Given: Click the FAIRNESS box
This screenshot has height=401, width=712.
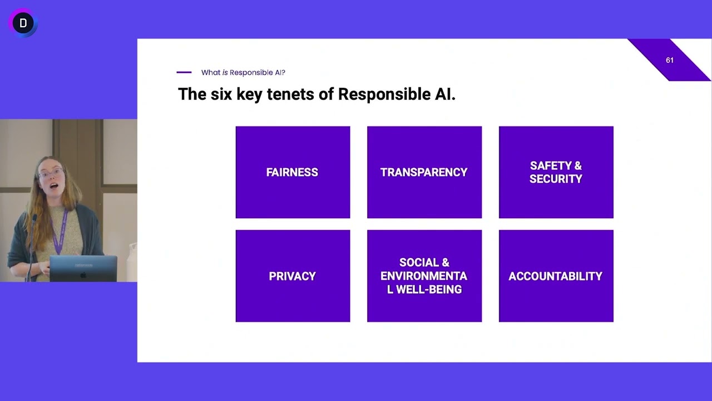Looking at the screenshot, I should (x=293, y=172).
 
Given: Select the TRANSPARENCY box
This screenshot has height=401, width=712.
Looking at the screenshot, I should (x=424, y=172).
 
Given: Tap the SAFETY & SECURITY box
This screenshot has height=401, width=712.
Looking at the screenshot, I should (x=556, y=172).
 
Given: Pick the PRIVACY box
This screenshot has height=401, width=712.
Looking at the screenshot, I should (x=293, y=276).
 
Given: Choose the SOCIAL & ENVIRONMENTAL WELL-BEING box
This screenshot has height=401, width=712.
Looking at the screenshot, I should (x=424, y=276).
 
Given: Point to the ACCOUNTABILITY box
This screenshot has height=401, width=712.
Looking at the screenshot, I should (x=556, y=276).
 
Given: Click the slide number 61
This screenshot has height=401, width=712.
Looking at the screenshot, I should (x=669, y=60).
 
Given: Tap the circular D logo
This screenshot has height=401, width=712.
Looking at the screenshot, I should (x=23, y=23).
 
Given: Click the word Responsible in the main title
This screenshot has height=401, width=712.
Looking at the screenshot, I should (x=377, y=94).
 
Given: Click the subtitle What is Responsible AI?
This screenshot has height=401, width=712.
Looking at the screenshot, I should (x=243, y=72).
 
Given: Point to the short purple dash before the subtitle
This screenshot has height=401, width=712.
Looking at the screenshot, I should (x=184, y=72).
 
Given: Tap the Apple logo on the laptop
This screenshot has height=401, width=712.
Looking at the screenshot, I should (x=83, y=275).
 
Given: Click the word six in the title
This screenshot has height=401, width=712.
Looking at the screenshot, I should (x=221, y=94).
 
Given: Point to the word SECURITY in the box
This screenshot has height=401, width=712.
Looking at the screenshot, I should (x=556, y=179).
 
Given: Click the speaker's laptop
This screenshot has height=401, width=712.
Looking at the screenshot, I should (x=83, y=268).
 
